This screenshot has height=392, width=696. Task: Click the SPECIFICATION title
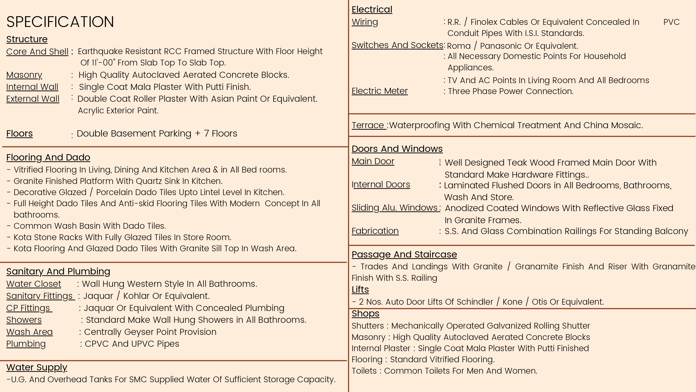60,22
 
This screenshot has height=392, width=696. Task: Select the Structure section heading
27,39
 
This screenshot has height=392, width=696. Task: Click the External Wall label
33,99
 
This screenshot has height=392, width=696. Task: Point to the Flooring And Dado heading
48,157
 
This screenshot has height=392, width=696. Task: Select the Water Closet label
33,284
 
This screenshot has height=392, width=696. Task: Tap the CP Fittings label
29,308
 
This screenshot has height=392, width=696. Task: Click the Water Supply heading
37,367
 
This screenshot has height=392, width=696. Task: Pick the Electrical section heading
372,10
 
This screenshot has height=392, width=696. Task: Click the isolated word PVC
671,22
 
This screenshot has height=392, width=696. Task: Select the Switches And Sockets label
397,45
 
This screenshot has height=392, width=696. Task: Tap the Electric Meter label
379,91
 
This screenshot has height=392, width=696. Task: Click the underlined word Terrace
368,125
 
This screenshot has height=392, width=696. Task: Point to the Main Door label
373,161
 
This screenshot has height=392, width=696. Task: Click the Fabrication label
375,231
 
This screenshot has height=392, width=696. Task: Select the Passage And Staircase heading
404,255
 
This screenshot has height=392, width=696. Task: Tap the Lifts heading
360,289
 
